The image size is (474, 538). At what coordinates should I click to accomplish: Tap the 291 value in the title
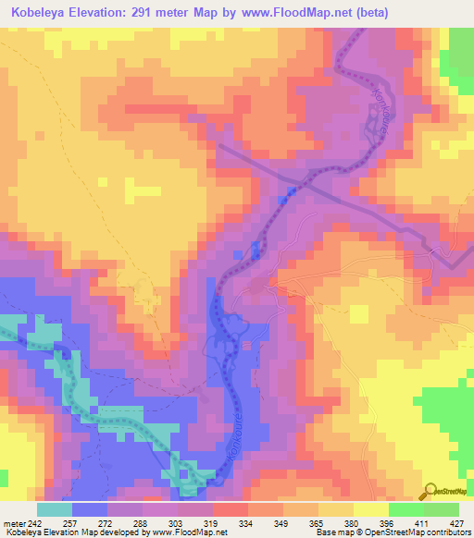point(146,12)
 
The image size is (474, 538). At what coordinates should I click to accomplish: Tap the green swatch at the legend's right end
point(442,509)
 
